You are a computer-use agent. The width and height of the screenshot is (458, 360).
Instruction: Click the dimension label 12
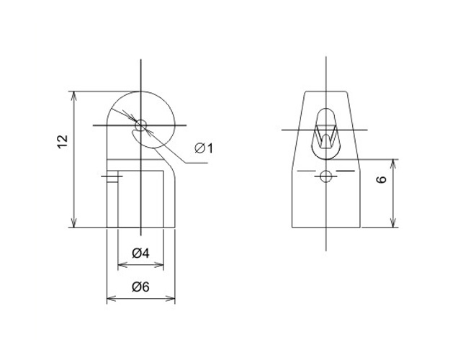click(x=63, y=142)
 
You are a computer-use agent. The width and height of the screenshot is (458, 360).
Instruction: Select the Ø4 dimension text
click(x=140, y=253)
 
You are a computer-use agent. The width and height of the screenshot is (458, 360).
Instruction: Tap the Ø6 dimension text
click(x=140, y=287)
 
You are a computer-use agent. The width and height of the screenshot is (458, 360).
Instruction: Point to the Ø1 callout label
click(x=204, y=148)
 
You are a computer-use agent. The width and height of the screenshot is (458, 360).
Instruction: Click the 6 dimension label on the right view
click(x=382, y=179)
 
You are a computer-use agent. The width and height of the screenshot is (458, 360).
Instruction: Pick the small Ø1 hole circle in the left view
click(x=140, y=125)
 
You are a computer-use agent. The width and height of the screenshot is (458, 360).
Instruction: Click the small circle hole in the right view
click(x=325, y=176)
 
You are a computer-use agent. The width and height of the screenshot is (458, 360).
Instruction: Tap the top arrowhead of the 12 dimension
click(x=74, y=96)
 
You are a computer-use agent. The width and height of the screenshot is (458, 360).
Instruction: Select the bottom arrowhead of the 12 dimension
click(x=74, y=222)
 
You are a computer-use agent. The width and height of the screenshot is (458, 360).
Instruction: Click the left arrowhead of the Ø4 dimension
click(x=122, y=265)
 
